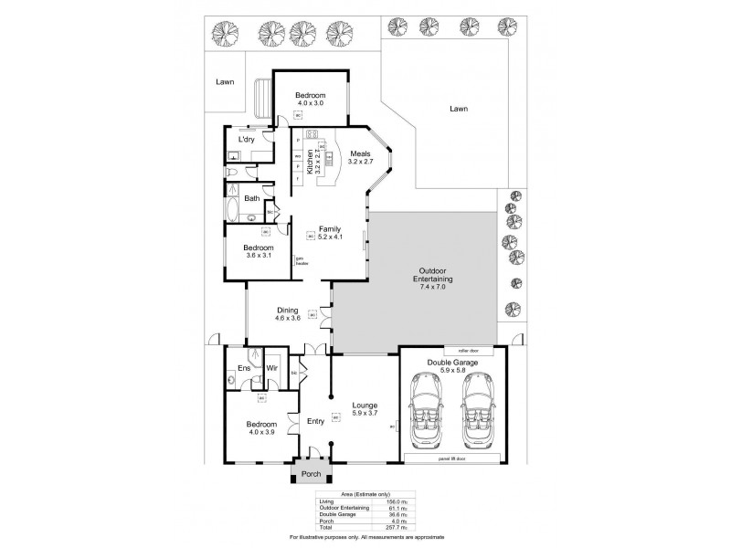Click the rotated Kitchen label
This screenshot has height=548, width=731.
click(x=308, y=158)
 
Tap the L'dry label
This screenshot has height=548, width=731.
click(x=247, y=139)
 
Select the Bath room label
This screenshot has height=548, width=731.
click(x=251, y=197)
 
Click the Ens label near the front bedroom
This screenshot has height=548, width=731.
click(x=244, y=368)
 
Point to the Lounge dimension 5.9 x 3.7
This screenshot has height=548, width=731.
click(x=365, y=414)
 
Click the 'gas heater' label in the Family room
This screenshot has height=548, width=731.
click(x=299, y=260)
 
